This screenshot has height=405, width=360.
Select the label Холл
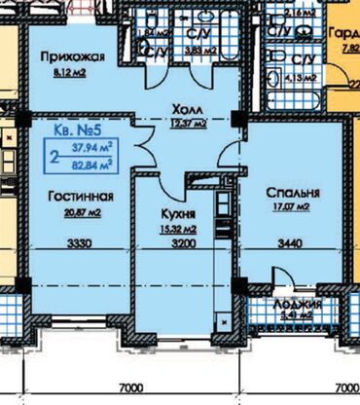185,109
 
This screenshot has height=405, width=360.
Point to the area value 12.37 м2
185,124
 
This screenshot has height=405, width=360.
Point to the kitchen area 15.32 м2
181,227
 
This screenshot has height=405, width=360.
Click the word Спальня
290,192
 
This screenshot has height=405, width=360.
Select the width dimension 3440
290,243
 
